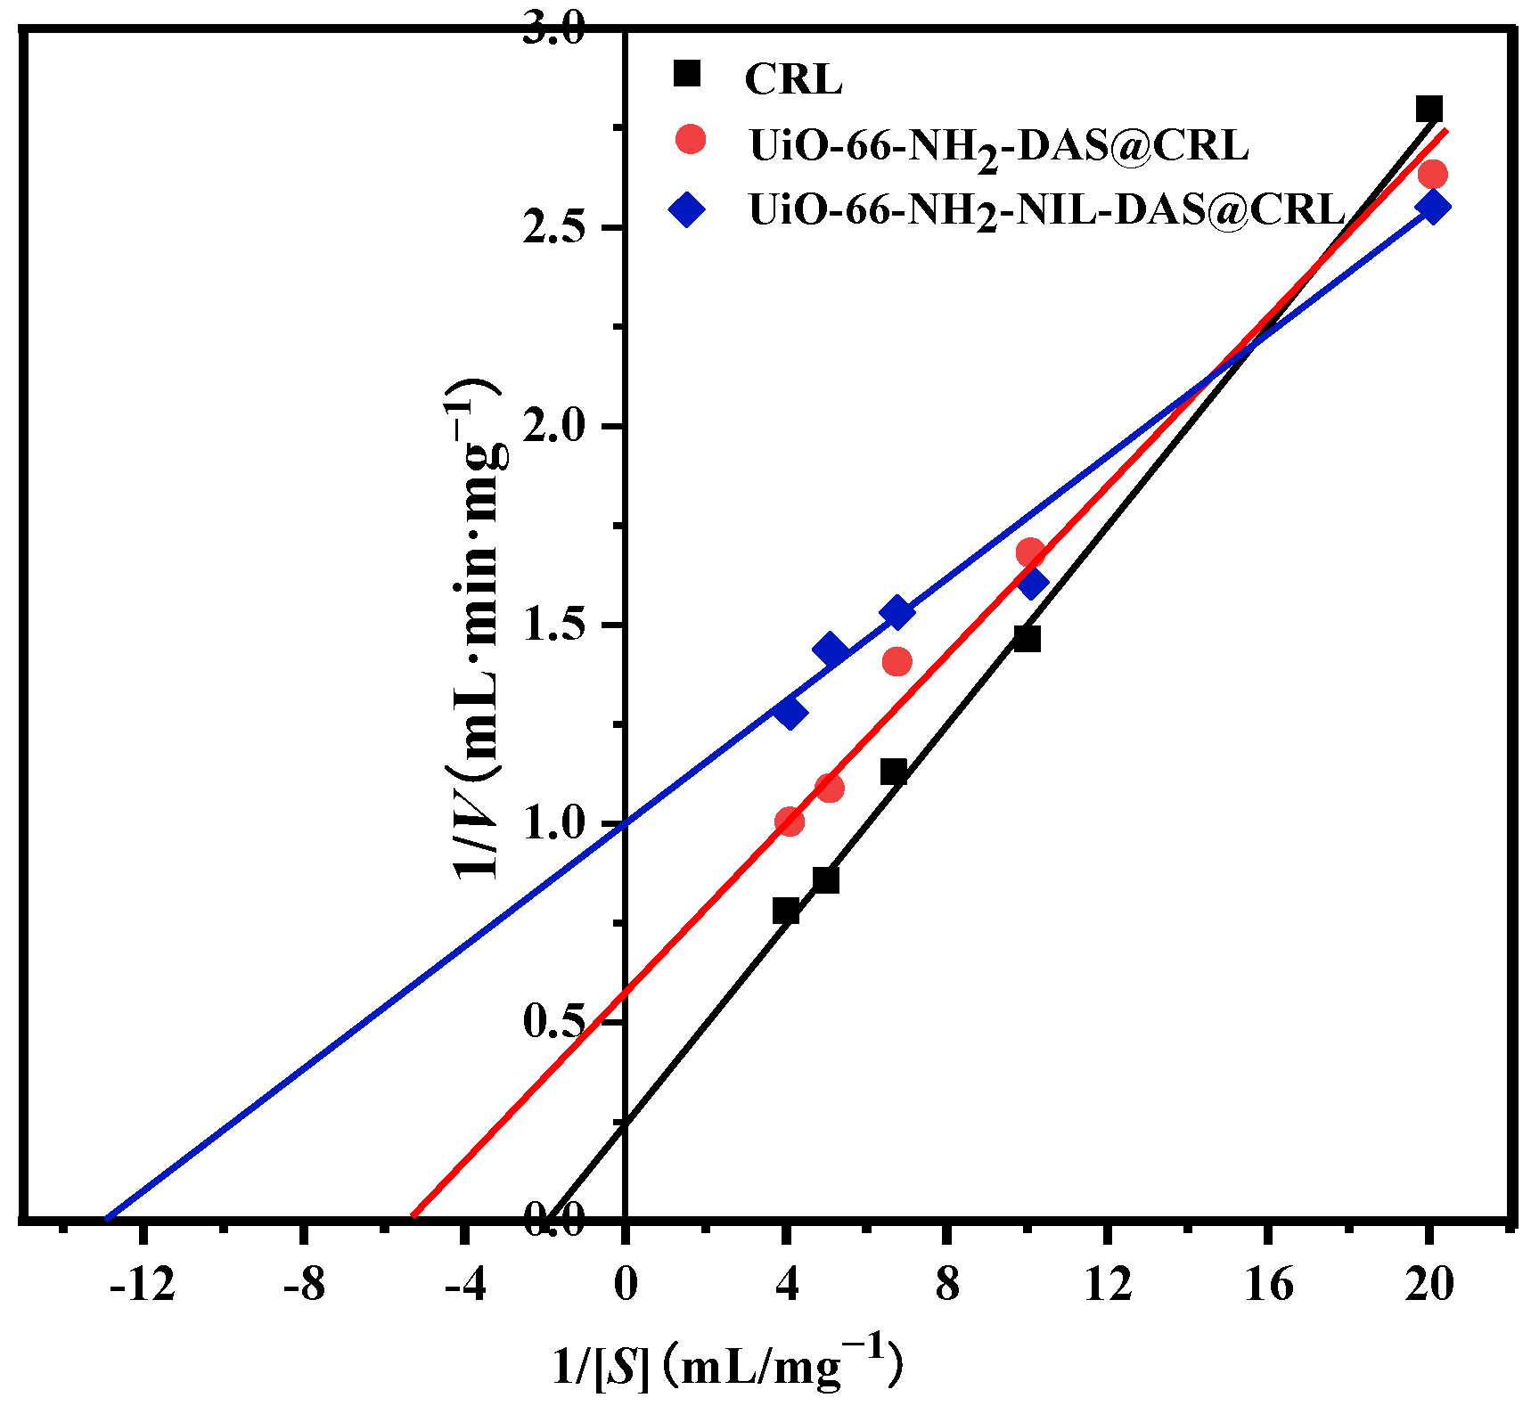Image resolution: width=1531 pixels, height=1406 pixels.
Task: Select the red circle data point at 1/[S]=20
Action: pyautogui.click(x=1432, y=174)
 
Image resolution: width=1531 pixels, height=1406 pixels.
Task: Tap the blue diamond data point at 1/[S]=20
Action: pyautogui.click(x=1432, y=207)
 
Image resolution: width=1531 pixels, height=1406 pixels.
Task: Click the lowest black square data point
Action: pyautogui.click(x=785, y=911)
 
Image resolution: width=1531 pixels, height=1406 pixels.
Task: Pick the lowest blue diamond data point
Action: pyautogui.click(x=789, y=712)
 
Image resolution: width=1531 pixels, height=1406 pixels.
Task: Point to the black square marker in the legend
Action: pyautogui.click(x=688, y=73)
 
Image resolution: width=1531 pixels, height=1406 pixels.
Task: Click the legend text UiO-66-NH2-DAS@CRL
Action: pyautogui.click(x=998, y=145)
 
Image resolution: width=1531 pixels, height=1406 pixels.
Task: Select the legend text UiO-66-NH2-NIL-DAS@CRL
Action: pyautogui.click(x=1046, y=210)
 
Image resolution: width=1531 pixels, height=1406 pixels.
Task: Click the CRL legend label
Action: pyautogui.click(x=793, y=79)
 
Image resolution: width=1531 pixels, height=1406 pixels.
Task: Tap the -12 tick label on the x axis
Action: pyautogui.click(x=143, y=1284)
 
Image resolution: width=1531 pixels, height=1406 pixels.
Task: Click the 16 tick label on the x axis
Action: pyautogui.click(x=1268, y=1284)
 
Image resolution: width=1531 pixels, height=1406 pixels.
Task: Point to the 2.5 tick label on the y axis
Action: pyautogui.click(x=553, y=228)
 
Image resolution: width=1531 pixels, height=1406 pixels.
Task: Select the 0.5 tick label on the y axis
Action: pyautogui.click(x=553, y=1021)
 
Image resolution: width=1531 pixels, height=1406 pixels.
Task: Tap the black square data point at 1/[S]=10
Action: pyautogui.click(x=1027, y=639)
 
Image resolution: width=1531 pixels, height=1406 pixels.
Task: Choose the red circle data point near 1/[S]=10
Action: pyautogui.click(x=1030, y=552)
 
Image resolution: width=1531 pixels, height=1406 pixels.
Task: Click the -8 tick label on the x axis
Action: pyautogui.click(x=304, y=1284)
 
